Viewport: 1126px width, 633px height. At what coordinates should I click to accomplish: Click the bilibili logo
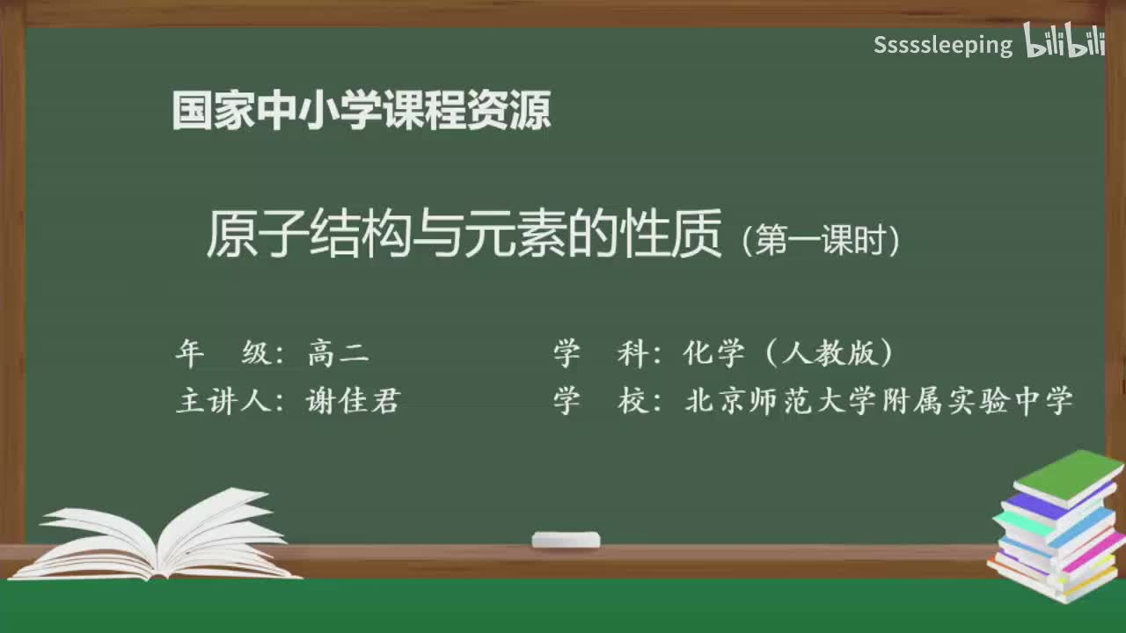[x=1064, y=42]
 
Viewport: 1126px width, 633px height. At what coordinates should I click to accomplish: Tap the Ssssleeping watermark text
[x=942, y=45]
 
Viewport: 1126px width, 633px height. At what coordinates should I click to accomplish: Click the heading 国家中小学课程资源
[x=362, y=111]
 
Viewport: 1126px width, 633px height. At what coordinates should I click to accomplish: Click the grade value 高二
[x=339, y=353]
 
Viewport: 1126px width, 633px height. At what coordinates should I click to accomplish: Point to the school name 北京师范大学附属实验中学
[x=879, y=401]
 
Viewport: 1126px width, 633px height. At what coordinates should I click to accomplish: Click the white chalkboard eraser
[x=566, y=539]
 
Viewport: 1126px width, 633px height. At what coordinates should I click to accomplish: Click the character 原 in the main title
[x=230, y=235]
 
